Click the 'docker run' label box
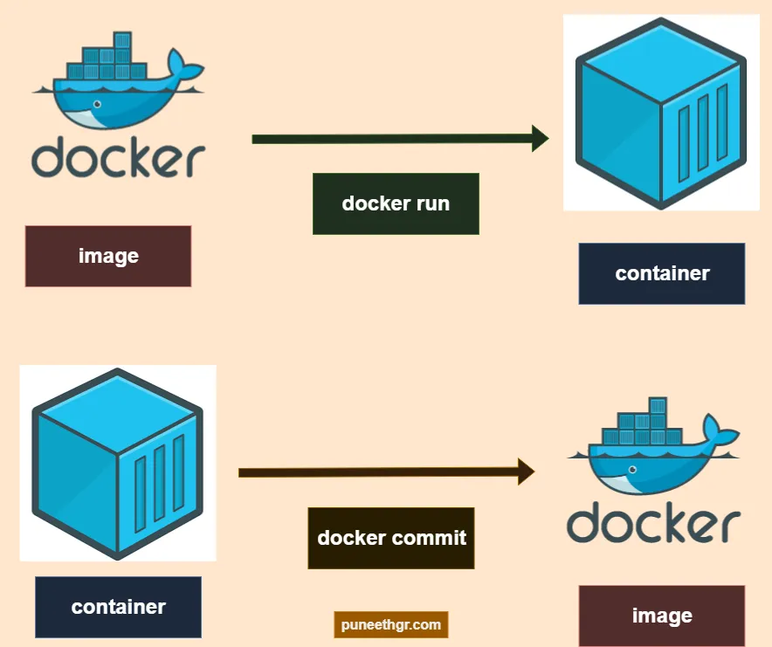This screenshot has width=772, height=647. tap(396, 203)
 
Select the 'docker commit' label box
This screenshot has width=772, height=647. tap(391, 538)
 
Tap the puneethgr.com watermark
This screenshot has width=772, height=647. tap(390, 624)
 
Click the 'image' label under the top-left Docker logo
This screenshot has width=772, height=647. tap(108, 256)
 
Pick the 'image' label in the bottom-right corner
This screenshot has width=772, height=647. tap(661, 616)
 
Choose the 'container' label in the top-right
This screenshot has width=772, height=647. tap(661, 273)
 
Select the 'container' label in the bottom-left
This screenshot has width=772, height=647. tap(118, 606)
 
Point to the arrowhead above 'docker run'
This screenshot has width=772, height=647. tap(540, 138)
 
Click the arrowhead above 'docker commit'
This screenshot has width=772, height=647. tap(526, 471)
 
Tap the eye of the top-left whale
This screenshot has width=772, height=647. tap(96, 105)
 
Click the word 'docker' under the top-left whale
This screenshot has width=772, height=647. tap(118, 158)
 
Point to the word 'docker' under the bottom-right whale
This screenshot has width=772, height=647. tap(653, 523)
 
